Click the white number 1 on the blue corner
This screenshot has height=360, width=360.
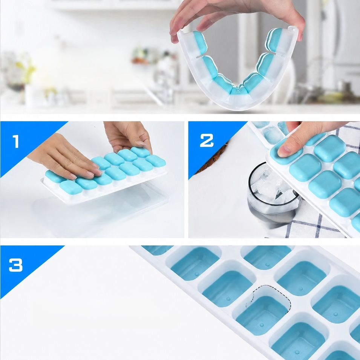pos(16,141)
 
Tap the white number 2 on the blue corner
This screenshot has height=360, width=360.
pos(207,140)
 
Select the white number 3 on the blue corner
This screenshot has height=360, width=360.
pos(15,265)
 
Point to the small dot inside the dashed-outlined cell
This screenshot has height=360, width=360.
pos(262,325)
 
